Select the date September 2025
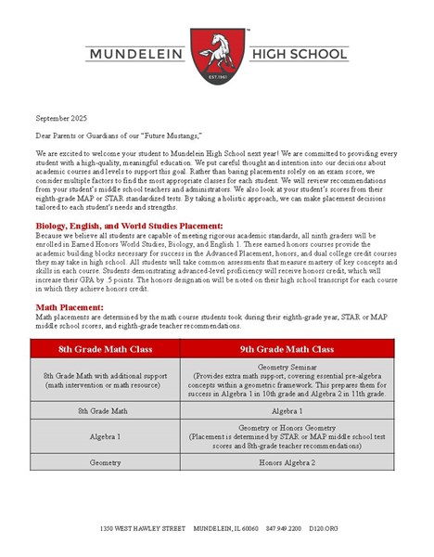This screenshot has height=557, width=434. (x=62, y=119)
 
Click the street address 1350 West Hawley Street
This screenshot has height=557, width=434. (x=143, y=528)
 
